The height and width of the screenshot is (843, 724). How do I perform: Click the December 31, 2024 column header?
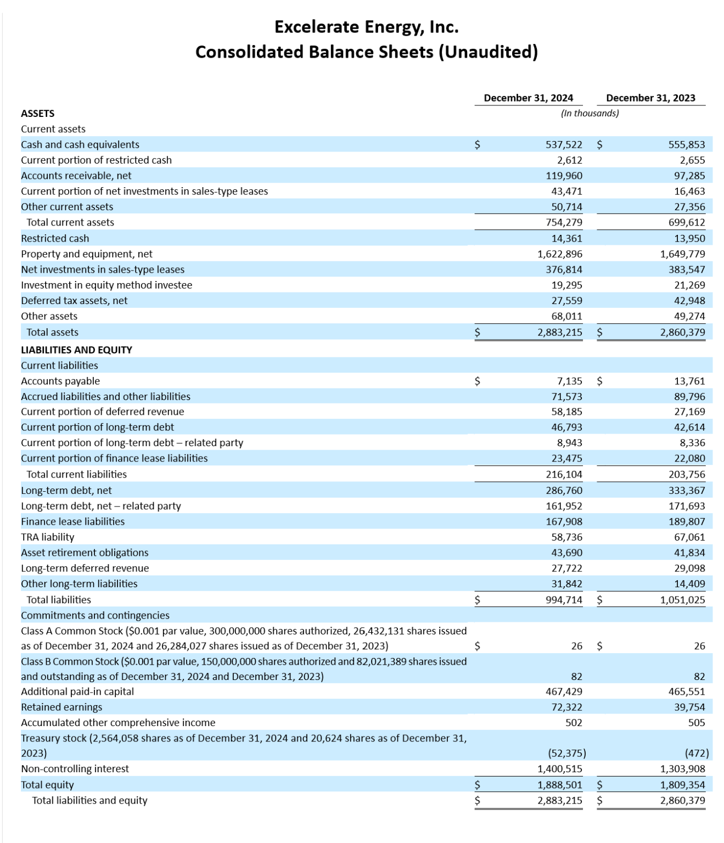(528, 98)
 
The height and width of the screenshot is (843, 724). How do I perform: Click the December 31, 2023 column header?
(650, 98)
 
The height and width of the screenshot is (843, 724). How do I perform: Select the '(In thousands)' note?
(590, 114)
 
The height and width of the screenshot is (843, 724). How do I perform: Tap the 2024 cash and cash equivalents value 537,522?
(564, 145)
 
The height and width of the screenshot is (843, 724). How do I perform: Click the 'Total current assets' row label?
(70, 223)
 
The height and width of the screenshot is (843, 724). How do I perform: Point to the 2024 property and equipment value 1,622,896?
(559, 254)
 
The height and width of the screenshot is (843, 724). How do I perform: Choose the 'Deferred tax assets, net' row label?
(74, 301)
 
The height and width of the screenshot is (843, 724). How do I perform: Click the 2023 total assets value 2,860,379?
(682, 332)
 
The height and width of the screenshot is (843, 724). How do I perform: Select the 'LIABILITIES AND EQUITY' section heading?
(76, 350)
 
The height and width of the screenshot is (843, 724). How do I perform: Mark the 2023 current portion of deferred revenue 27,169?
(689, 412)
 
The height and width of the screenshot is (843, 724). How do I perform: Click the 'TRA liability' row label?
(47, 537)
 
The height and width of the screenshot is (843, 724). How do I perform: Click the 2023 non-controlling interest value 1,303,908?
(682, 769)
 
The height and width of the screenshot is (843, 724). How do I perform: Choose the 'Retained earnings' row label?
(61, 707)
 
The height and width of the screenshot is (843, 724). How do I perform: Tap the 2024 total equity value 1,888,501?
(559, 785)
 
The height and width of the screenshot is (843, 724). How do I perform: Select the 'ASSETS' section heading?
(37, 114)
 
